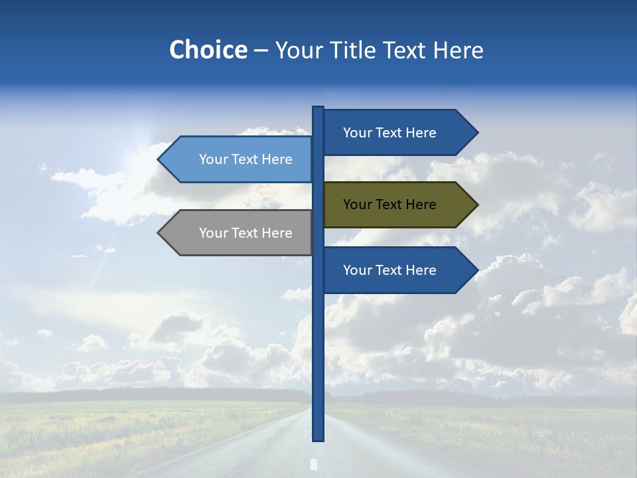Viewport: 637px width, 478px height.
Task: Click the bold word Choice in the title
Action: coord(208,50)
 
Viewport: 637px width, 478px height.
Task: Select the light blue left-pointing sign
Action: coord(239,159)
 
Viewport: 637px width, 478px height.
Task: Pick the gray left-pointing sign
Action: coord(239,233)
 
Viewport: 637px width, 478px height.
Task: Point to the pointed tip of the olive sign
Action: coord(476,204)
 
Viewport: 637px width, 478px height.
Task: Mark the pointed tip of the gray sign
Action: coord(159,233)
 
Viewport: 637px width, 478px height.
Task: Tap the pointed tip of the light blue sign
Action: coord(159,159)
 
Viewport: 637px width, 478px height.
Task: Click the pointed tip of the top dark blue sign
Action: coord(476,133)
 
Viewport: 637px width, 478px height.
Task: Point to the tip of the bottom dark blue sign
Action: coord(476,270)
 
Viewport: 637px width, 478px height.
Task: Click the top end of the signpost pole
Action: coord(318,108)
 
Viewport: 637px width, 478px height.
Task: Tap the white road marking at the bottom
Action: coord(314,465)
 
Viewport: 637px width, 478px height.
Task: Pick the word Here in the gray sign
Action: coord(277,233)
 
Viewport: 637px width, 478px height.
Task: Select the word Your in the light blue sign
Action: coord(212,159)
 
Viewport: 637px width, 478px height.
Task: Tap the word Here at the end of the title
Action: coord(459,50)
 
